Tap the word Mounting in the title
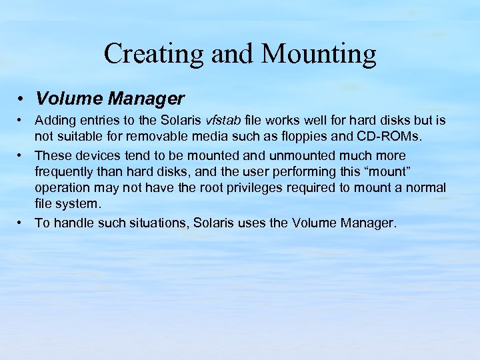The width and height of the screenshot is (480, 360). click(x=319, y=54)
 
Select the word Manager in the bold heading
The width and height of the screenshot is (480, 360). click(x=145, y=99)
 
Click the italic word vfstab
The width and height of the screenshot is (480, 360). click(x=225, y=121)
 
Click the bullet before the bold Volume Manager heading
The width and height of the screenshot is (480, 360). click(x=22, y=99)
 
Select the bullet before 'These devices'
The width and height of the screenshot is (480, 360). click(x=21, y=155)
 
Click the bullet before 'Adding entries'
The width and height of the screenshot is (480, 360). click(x=21, y=121)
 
